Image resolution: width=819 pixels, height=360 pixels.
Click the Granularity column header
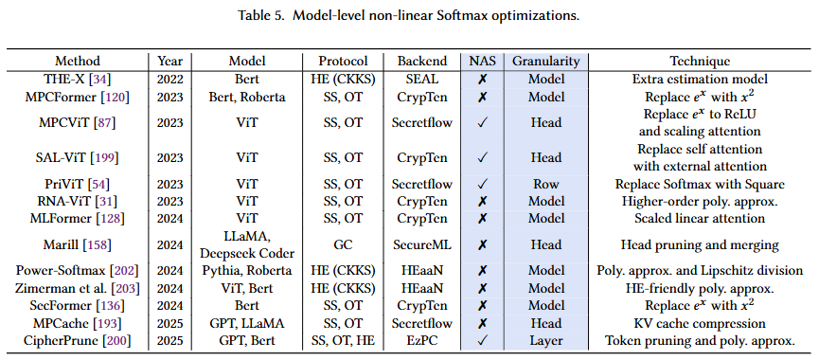coord(545,62)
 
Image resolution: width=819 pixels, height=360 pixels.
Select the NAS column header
coord(482,62)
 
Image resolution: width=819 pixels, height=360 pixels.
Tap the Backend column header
coord(422,62)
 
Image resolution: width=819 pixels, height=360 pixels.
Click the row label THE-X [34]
coord(78,79)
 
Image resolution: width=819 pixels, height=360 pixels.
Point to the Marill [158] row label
coord(78,244)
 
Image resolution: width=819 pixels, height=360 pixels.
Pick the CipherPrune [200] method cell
coord(78,341)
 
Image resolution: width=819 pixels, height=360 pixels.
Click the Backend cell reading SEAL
coord(422,79)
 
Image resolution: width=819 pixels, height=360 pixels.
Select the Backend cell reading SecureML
coord(422,244)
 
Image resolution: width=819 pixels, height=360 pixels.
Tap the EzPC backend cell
coord(422,341)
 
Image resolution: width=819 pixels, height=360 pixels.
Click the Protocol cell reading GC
coord(343,244)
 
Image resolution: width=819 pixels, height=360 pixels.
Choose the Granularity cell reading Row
coord(545,185)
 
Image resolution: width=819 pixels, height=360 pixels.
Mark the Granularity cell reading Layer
coord(545,341)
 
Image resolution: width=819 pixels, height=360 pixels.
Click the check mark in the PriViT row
coord(482,185)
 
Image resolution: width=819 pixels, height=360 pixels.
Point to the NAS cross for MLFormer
coord(482,219)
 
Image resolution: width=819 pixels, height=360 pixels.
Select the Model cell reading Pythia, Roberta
coord(246,271)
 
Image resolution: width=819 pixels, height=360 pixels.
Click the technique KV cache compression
coord(700,323)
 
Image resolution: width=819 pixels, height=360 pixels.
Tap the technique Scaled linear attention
coord(700,219)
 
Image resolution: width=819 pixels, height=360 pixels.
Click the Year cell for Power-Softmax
coord(169,271)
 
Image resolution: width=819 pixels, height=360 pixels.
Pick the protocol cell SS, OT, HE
coord(343,341)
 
